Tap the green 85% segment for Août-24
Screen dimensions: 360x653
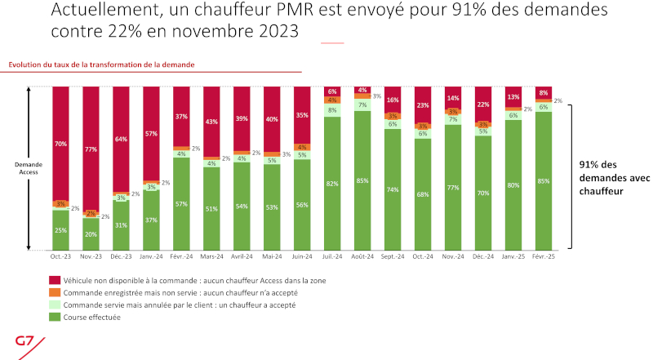tap(362, 180)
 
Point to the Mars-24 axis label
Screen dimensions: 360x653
tap(212, 256)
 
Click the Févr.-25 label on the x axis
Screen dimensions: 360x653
tap(544, 256)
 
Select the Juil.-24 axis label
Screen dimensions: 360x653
tap(332, 256)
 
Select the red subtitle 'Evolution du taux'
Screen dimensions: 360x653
tap(101, 64)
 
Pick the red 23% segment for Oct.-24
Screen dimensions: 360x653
tap(422, 104)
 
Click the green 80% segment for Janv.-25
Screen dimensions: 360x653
tap(513, 184)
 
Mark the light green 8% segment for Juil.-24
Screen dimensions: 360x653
tap(332, 110)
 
